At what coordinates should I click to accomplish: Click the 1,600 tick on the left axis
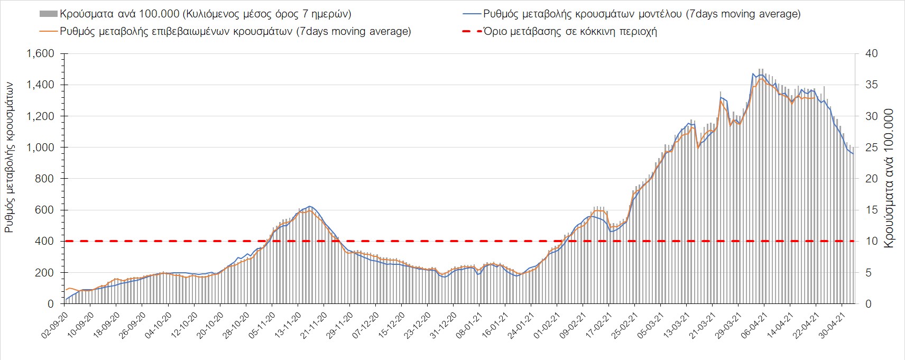(x=41, y=53)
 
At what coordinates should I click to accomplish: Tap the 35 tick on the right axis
(x=871, y=85)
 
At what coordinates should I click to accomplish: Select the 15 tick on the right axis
(x=871, y=210)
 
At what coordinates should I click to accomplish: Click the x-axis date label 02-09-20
(x=55, y=325)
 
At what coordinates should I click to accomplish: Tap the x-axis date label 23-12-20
(x=418, y=325)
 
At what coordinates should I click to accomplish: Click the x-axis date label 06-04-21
(x=754, y=325)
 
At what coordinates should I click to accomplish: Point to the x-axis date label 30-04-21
(x=832, y=325)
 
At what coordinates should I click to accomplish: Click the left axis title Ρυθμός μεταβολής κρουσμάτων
(x=9, y=158)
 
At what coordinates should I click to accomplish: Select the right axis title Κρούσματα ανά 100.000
(x=889, y=178)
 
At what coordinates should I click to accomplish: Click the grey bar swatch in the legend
(x=48, y=14)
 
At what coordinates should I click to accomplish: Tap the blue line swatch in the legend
(x=472, y=14)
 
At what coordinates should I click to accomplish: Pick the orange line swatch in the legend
(x=48, y=32)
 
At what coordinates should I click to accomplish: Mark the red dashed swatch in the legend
(x=472, y=32)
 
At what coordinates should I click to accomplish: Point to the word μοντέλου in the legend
(x=659, y=14)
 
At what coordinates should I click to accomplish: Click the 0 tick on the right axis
(x=868, y=304)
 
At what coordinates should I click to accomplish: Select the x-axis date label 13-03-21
(x=677, y=325)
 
